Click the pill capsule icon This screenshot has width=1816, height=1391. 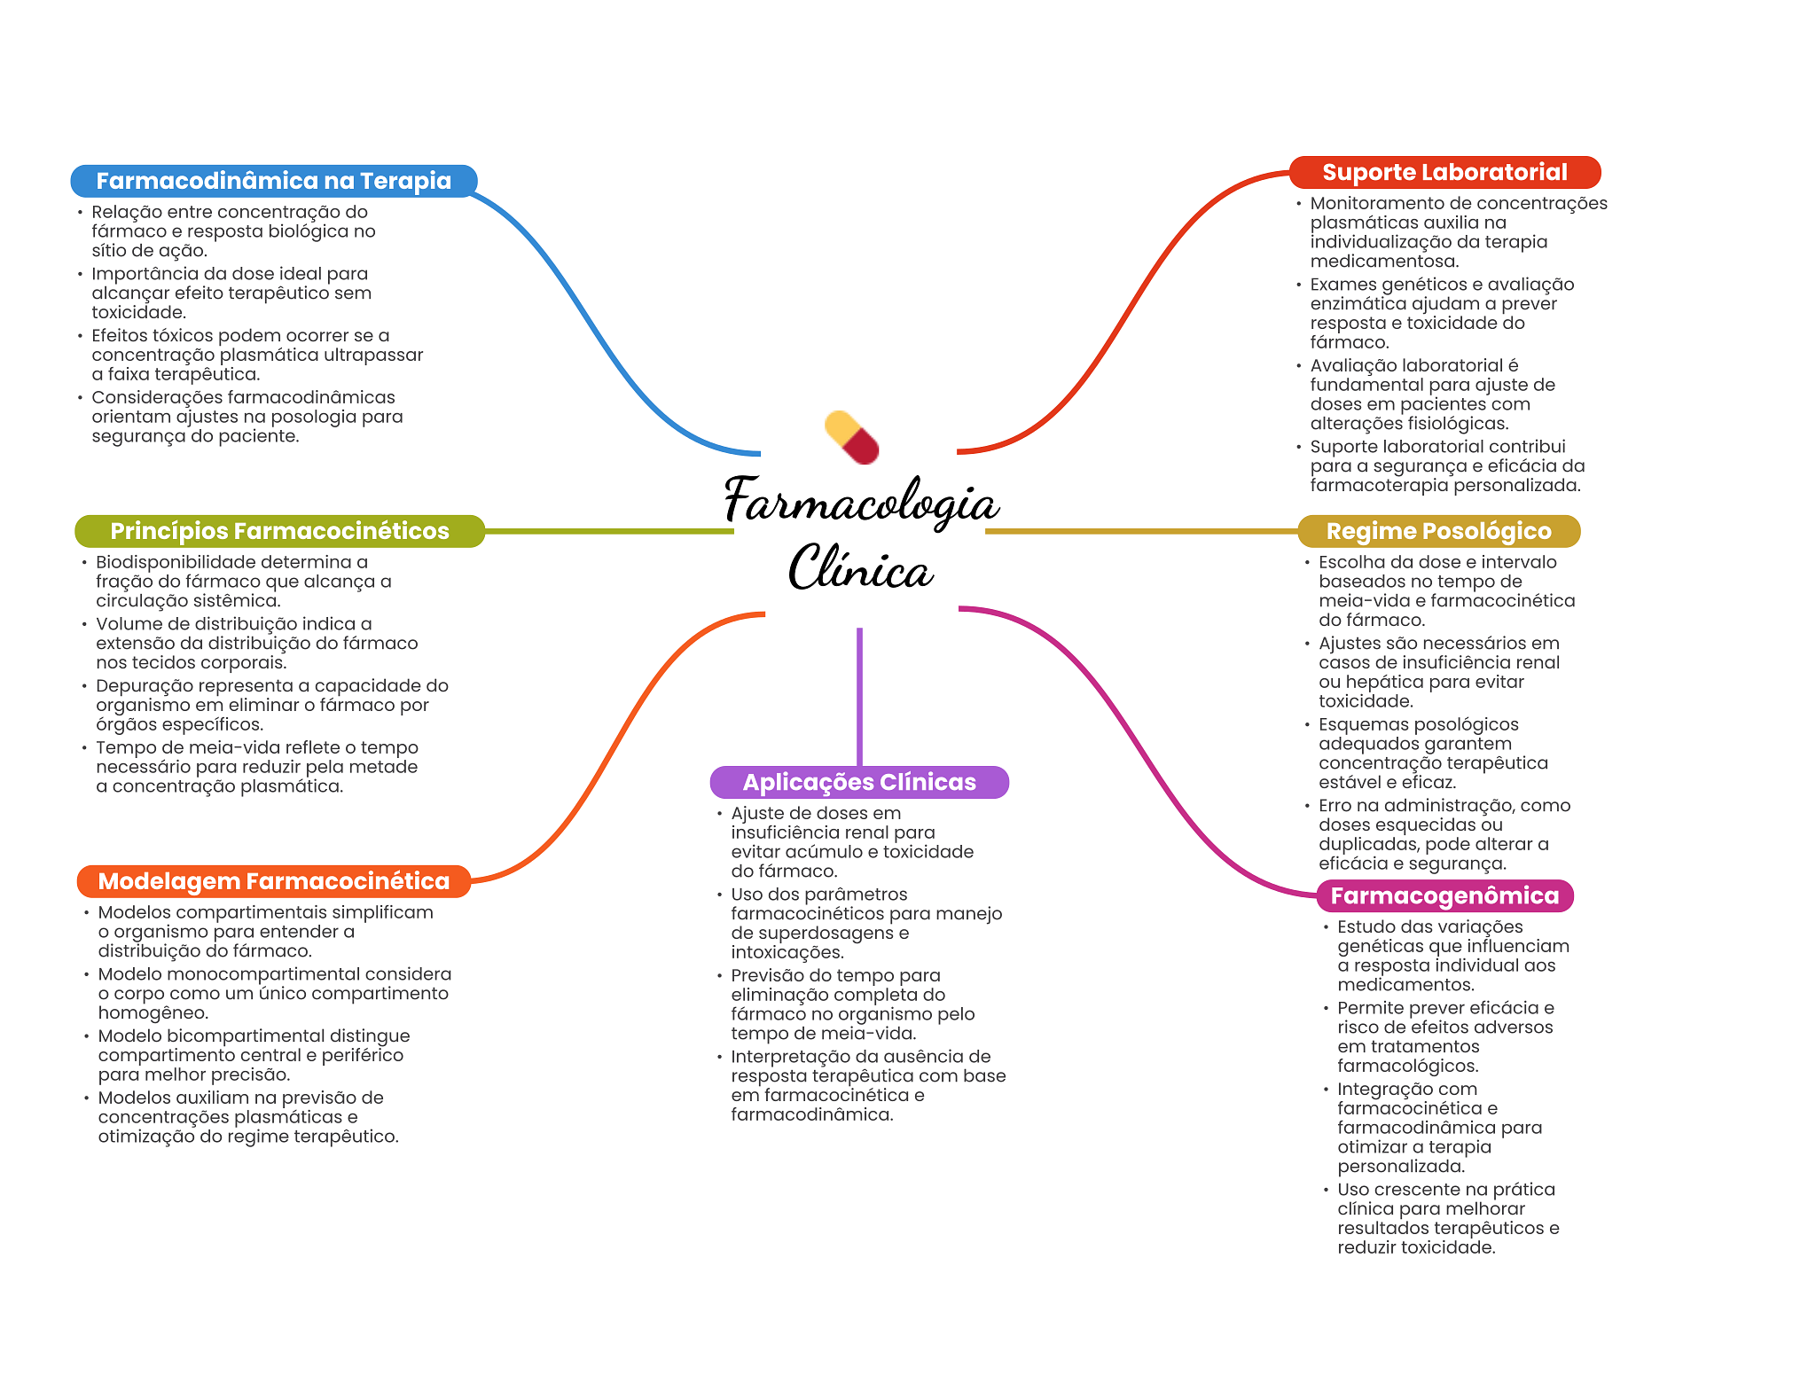(x=852, y=437)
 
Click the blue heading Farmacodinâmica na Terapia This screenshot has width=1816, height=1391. (x=273, y=181)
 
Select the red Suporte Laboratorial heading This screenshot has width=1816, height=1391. (x=1444, y=172)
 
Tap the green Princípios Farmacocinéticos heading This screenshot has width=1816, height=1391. (x=279, y=531)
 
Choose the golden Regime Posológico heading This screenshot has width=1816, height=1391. (x=1438, y=531)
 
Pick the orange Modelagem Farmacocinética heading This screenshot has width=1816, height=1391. (x=273, y=881)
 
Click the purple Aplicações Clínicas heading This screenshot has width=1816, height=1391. (x=858, y=782)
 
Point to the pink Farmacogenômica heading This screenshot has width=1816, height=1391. (x=1444, y=895)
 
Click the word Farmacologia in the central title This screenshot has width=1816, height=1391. (x=861, y=501)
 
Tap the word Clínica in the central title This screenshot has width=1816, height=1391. (x=860, y=568)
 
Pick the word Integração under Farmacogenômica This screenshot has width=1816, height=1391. (x=1382, y=1090)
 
